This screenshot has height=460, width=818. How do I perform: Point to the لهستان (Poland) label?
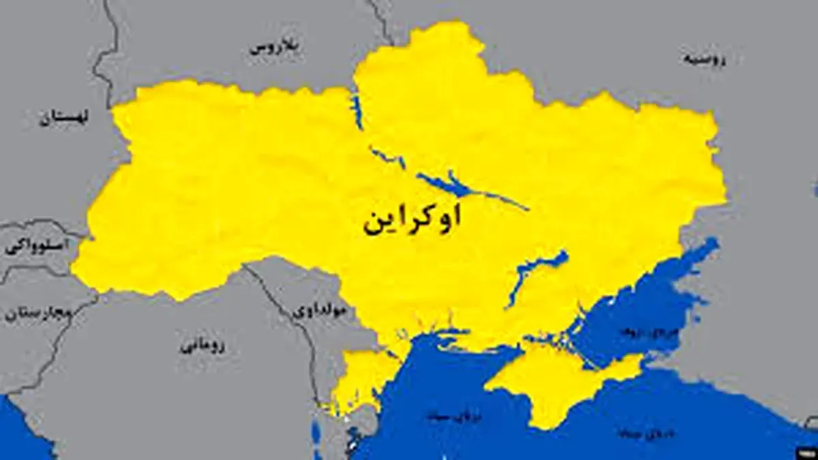[x=65, y=117]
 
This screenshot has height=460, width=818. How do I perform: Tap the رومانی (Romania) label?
[x=202, y=346]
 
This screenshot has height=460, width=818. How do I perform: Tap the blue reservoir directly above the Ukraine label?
[x=450, y=184]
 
